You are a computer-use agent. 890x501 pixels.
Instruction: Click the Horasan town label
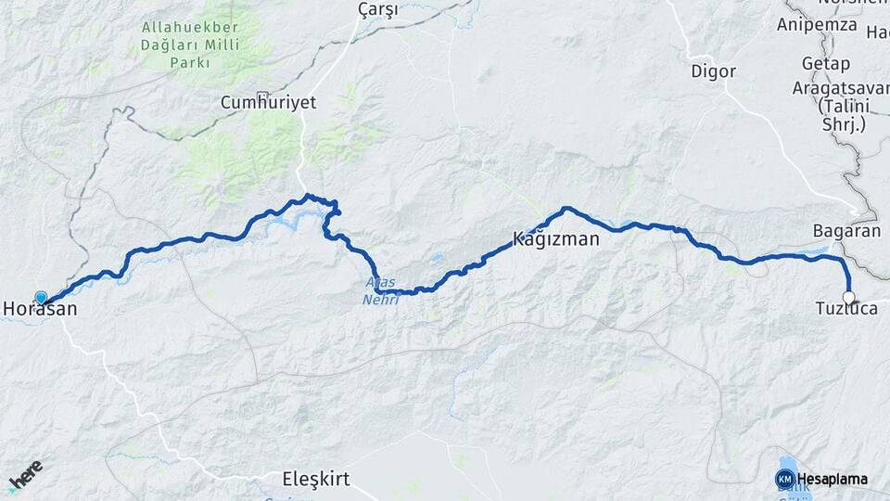coord(41,311)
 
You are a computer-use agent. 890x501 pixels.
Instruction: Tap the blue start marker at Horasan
coord(41,298)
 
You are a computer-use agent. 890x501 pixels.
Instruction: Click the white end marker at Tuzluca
coord(848,298)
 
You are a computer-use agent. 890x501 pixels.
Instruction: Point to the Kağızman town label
coord(556,238)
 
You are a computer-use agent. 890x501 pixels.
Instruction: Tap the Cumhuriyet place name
coord(268,103)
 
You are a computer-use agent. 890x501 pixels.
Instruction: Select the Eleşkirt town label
coord(315,480)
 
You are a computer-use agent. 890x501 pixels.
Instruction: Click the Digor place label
coord(713,71)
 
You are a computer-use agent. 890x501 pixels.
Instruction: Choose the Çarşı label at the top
coord(377,10)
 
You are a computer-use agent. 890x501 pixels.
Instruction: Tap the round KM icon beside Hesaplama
coord(784,479)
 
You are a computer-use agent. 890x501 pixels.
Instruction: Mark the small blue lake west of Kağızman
coord(437,258)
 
